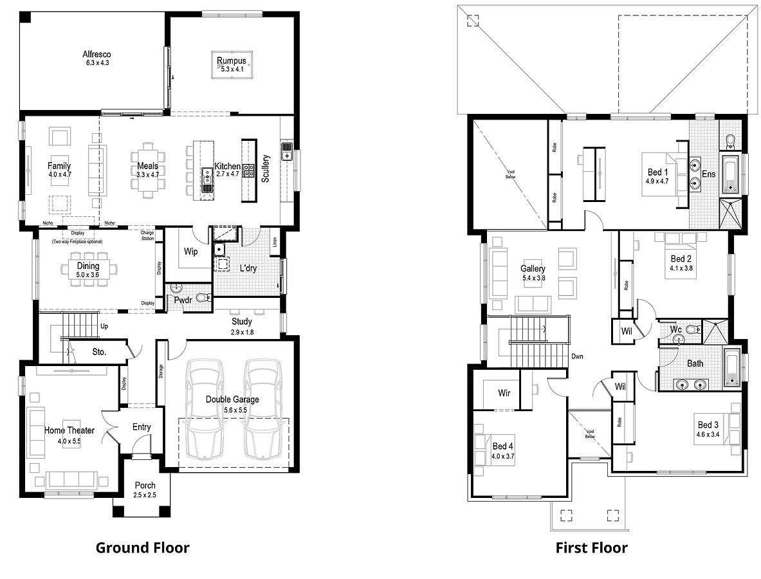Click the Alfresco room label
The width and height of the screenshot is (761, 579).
click(96, 55)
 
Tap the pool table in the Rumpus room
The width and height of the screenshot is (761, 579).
click(232, 65)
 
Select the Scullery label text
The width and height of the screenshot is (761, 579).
click(266, 170)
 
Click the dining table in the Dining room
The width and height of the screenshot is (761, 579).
click(88, 270)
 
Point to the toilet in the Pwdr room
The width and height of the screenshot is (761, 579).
click(202, 298)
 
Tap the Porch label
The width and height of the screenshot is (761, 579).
click(145, 486)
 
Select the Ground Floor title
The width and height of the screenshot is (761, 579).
click(142, 548)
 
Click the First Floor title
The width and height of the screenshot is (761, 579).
click(591, 548)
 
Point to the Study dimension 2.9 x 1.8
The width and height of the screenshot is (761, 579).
click(242, 333)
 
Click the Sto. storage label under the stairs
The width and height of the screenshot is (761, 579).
click(99, 353)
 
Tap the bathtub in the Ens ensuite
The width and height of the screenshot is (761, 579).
click(731, 174)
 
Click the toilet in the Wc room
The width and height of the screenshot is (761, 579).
click(692, 330)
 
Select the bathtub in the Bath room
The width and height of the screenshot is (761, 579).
click(732, 368)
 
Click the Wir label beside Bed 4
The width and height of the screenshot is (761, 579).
click(504, 392)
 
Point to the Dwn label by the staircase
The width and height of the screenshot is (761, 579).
click(577, 356)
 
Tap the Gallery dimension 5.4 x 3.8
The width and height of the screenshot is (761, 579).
click(533, 279)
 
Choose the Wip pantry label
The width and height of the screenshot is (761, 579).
click(191, 252)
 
